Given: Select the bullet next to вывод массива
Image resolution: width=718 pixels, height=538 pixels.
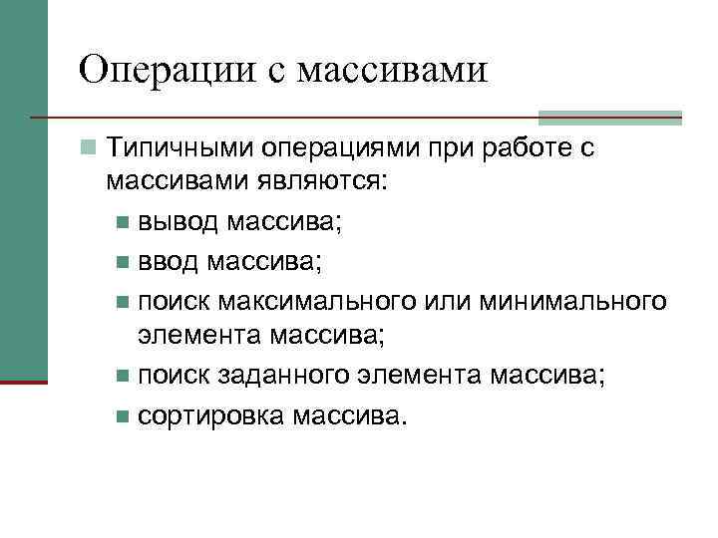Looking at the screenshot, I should [x=122, y=221].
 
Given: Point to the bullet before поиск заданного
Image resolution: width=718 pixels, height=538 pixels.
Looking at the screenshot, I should [x=122, y=377].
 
